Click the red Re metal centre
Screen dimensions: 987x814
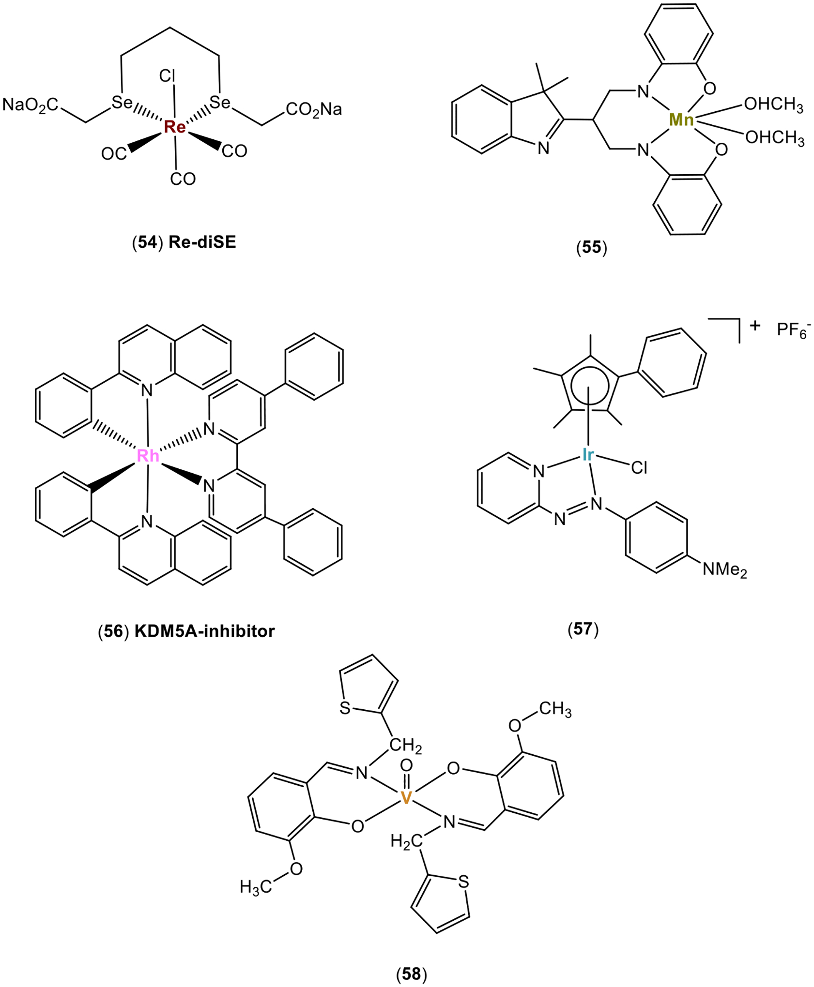(174, 127)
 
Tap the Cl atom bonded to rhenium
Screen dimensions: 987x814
(167, 76)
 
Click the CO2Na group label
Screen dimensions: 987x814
(313, 110)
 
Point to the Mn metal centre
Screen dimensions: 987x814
(681, 120)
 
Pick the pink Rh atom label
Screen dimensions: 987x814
(148, 455)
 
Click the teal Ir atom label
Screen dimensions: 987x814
(587, 454)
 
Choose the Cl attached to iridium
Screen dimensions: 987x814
(639, 468)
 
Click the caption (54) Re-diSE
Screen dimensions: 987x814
(184, 242)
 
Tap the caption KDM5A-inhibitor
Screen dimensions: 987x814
(204, 631)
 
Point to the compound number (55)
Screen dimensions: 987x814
(591, 247)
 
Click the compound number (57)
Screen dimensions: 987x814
(583, 629)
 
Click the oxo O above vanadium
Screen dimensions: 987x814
(406, 765)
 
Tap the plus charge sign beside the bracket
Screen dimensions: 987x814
(754, 326)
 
